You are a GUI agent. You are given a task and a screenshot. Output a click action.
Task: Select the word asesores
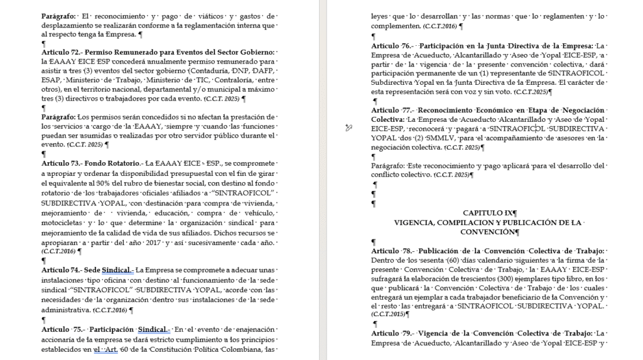(549, 138)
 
